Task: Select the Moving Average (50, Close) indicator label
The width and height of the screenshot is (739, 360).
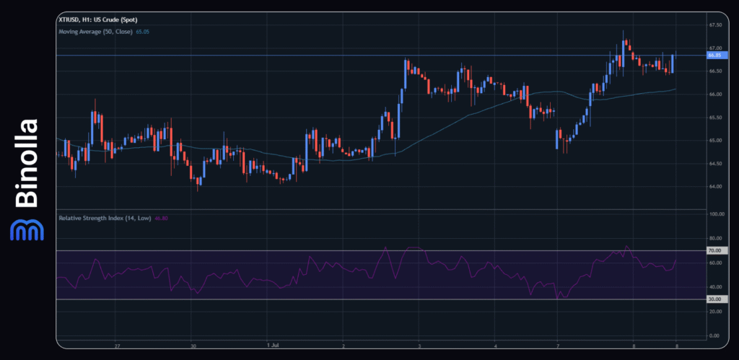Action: (x=95, y=32)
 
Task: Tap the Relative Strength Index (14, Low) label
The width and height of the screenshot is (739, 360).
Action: (x=104, y=217)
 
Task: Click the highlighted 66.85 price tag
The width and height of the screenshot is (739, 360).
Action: (x=715, y=55)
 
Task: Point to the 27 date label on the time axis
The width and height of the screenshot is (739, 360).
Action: (x=117, y=346)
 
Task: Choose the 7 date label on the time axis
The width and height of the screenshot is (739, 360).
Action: (x=558, y=346)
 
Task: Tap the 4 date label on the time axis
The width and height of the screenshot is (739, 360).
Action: (x=496, y=346)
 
